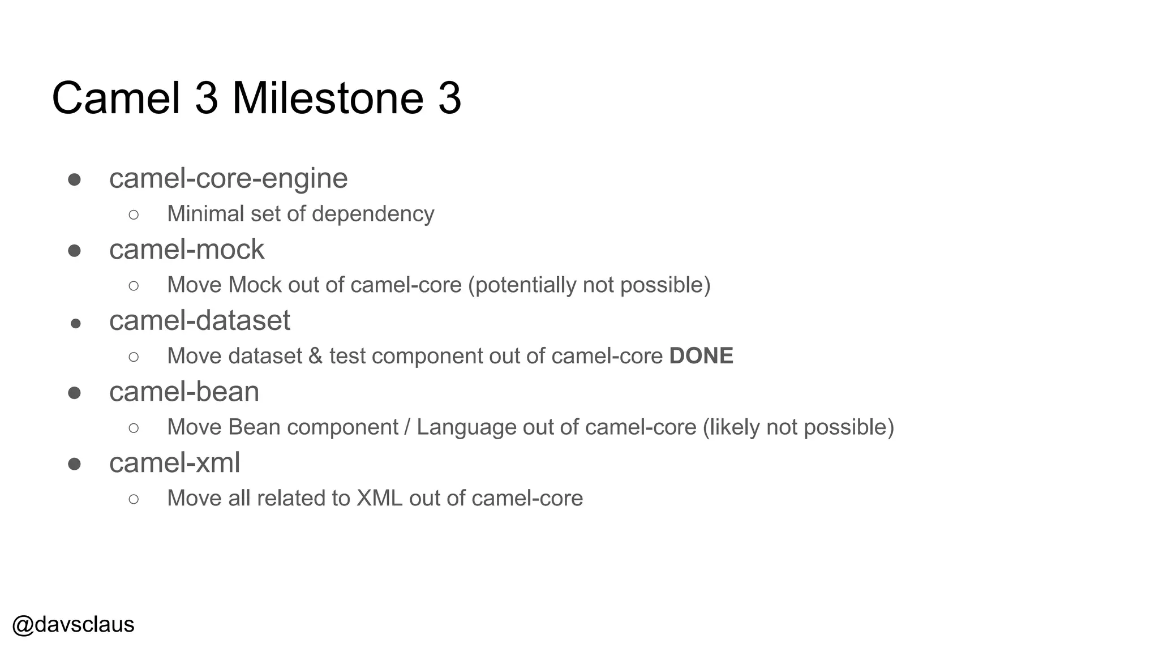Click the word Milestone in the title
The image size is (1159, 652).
pos(328,98)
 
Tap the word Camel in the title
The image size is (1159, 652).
pos(116,98)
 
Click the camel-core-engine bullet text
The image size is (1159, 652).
pos(228,178)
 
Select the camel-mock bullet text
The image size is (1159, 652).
pos(186,250)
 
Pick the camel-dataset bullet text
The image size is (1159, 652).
pos(199,321)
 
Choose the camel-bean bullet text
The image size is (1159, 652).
pos(184,392)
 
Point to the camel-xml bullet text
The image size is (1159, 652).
pos(174,463)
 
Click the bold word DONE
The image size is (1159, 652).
pos(701,356)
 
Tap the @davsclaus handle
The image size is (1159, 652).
pos(73,624)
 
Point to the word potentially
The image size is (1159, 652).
pos(522,285)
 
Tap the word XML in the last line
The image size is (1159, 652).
pos(379,499)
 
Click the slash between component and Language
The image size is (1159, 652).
pos(407,427)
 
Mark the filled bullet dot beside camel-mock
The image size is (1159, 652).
pos(74,251)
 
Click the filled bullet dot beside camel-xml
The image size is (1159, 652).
pos(74,464)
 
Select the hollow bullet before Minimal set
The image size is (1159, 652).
pos(134,215)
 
